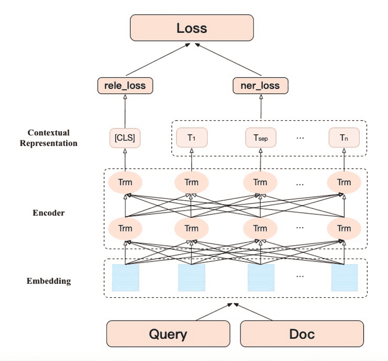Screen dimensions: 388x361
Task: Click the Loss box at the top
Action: point(192,28)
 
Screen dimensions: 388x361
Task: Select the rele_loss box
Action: point(125,85)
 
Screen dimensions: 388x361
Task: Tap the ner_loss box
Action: point(261,85)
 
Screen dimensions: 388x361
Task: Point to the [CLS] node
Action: point(125,138)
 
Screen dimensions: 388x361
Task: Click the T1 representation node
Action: point(192,137)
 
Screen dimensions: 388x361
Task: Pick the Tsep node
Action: point(261,137)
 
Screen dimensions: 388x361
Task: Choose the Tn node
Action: point(344,137)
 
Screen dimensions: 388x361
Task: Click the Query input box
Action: point(168,334)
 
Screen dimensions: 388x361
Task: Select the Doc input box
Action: point(302,334)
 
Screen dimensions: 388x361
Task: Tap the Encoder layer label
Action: point(48,213)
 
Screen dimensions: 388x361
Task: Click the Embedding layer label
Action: point(48,281)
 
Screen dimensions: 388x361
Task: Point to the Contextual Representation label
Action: point(48,138)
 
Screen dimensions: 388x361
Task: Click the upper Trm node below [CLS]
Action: point(125,182)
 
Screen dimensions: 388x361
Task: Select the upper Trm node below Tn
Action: point(344,182)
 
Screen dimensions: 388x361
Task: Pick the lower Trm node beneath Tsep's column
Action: point(260,229)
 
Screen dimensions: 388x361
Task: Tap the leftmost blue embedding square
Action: point(125,278)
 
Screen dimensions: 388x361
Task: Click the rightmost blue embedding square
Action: point(345,278)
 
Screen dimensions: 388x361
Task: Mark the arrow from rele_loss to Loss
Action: point(158,60)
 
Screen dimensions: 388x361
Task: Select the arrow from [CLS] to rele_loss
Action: point(125,112)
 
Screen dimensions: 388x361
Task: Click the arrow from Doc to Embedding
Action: point(253,312)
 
